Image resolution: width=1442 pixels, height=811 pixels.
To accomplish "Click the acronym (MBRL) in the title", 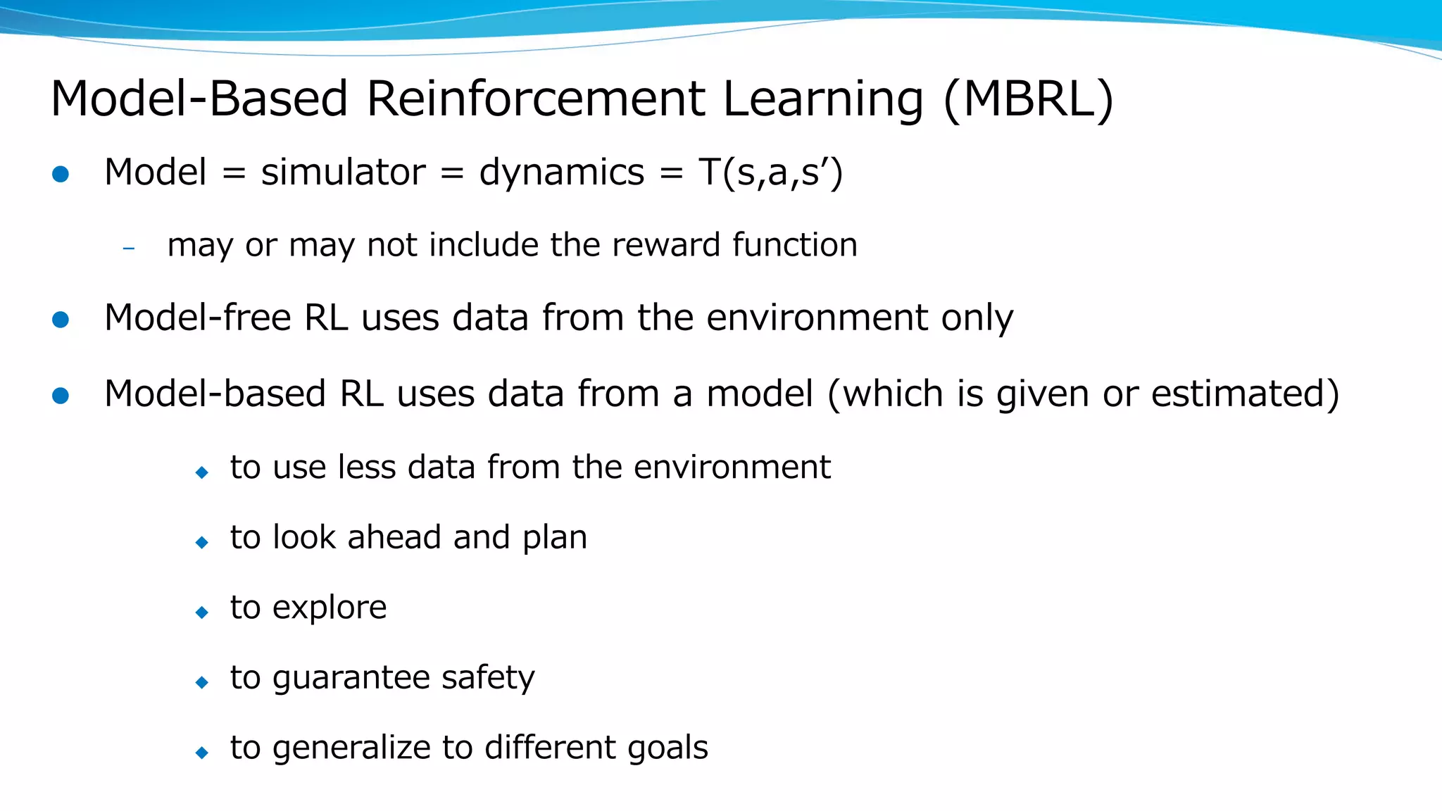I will click(x=1028, y=99).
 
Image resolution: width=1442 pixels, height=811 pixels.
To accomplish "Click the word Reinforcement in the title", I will click(x=535, y=99).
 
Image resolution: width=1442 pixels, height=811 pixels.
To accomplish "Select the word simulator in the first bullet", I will click(x=343, y=172).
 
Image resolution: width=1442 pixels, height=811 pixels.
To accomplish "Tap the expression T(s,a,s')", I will click(x=770, y=172).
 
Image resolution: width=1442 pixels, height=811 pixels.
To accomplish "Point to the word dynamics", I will click(x=561, y=172).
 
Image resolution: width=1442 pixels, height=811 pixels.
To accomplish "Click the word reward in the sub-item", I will click(x=665, y=246).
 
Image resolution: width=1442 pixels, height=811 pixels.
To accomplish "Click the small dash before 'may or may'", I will click(x=128, y=248).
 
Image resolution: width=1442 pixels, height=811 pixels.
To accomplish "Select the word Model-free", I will click(x=197, y=318).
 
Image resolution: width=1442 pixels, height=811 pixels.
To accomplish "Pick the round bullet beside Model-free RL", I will click(x=61, y=320).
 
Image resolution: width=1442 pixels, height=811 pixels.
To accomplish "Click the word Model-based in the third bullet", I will click(x=215, y=394).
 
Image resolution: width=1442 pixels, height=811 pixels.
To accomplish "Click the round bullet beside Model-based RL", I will click(x=61, y=396).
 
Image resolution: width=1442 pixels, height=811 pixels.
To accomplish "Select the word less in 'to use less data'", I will click(x=367, y=467).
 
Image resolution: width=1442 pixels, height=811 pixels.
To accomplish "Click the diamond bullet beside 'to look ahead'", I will click(x=202, y=542).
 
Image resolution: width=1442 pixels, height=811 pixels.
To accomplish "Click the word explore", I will click(x=330, y=608).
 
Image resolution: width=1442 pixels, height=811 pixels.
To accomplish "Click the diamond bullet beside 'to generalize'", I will click(x=202, y=753).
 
